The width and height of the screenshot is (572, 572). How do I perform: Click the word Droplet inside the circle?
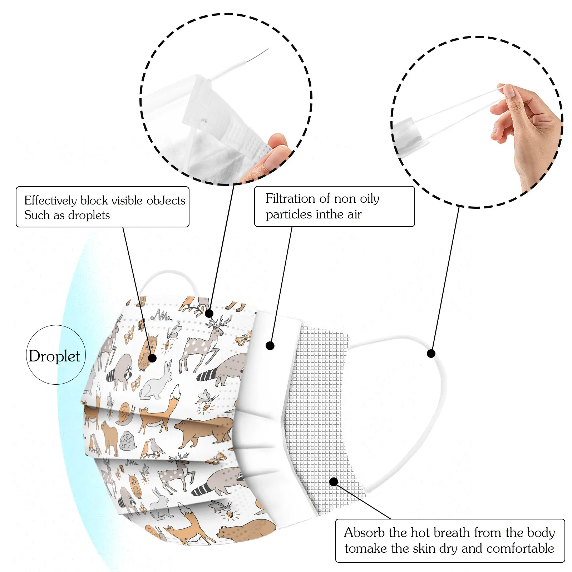54,356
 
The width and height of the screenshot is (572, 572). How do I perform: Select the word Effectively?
50,201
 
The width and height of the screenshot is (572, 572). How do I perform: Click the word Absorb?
365,533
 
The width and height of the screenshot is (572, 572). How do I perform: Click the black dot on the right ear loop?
431,354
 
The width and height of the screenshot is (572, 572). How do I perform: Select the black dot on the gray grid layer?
334,482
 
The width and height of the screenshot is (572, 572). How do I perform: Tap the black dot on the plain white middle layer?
270,346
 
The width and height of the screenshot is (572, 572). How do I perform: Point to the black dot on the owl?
152,358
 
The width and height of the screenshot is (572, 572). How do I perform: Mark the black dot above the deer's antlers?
209,314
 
